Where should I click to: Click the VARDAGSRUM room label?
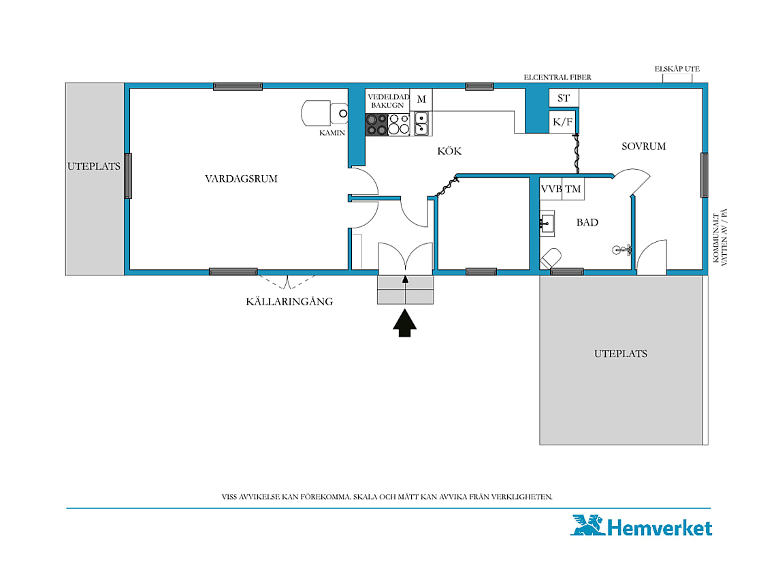(241, 179)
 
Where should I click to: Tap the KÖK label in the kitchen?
(449, 151)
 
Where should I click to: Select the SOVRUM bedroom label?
(643, 147)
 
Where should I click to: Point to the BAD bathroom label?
(587, 223)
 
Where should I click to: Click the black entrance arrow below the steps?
(405, 323)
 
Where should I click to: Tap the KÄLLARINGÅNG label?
(289, 301)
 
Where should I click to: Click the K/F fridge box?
(563, 122)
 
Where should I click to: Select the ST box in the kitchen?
(564, 97)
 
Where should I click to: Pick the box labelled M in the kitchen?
(421, 100)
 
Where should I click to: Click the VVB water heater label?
(551, 189)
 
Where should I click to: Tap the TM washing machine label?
(573, 189)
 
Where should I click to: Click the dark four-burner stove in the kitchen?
(376, 125)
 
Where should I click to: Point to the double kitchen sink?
(421, 123)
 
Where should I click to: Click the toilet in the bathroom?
(551, 258)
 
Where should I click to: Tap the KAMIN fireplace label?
(332, 133)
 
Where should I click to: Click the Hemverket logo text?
(660, 528)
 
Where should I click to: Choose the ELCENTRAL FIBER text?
(557, 77)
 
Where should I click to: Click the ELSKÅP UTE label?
(677, 69)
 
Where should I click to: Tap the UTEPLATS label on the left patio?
(94, 166)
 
